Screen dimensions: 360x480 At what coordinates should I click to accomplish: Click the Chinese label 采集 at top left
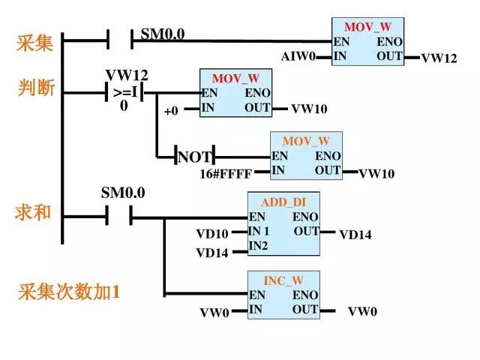click(x=35, y=43)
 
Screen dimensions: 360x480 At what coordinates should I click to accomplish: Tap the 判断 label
click(x=35, y=88)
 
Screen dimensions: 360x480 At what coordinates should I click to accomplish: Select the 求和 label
click(x=34, y=212)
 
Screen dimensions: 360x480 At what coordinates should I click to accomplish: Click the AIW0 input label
click(x=298, y=57)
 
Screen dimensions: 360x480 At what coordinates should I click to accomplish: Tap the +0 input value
click(x=171, y=111)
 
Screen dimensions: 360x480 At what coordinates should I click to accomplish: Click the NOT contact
click(x=194, y=157)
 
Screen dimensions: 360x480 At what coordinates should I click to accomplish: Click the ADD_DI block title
click(x=283, y=202)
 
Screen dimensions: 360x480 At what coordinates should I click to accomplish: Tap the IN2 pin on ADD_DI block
click(x=258, y=245)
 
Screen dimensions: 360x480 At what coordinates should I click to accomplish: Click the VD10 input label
click(x=212, y=234)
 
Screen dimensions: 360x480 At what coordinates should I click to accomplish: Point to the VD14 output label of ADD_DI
click(x=355, y=235)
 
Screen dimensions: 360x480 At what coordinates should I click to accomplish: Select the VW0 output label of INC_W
click(x=362, y=311)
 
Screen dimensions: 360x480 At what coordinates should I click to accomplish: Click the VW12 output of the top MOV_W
click(x=439, y=58)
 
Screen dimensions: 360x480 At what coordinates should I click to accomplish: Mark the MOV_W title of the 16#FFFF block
click(x=306, y=141)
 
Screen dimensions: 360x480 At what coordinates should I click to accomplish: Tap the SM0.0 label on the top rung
click(x=162, y=34)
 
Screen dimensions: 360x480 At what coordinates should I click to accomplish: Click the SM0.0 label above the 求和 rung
click(x=123, y=193)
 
